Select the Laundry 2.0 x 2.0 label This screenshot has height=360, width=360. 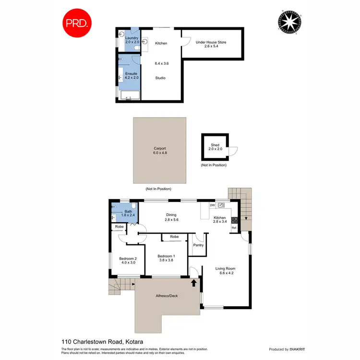point(132,40)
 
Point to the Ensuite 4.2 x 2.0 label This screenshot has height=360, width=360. point(131,76)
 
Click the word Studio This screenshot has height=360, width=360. point(160,77)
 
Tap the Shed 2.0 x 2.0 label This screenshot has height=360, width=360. point(215,147)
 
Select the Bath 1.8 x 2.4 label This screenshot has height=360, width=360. point(128,214)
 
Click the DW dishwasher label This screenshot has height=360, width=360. point(212,205)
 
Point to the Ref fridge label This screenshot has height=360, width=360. point(234,228)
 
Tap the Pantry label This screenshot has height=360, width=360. point(198,245)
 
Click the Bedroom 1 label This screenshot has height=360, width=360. point(166,258)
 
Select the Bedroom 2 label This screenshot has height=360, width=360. point(128,261)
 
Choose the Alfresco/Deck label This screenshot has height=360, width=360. point(167,296)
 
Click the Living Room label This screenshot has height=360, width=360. point(225,271)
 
